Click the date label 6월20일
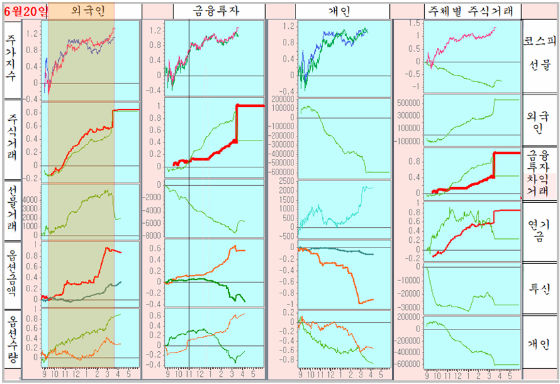(26, 11)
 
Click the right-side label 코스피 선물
(541, 53)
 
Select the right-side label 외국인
(541, 119)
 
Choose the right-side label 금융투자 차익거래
(541, 173)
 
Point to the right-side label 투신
(541, 289)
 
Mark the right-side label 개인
(541, 344)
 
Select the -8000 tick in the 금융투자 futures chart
(153, 236)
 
